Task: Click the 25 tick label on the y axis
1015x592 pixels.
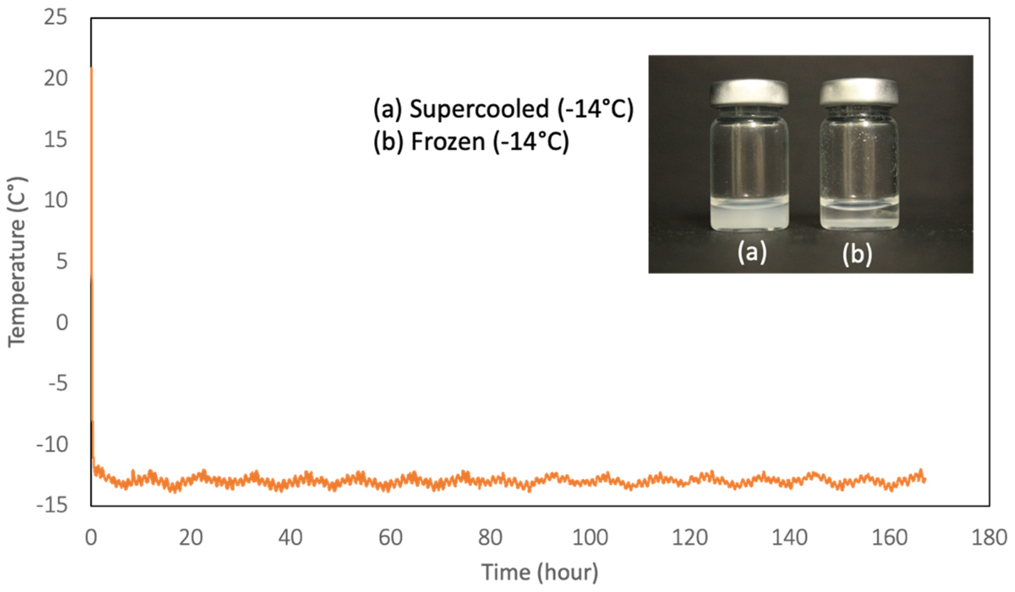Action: [x=55, y=18]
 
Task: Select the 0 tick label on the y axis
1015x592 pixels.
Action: [x=62, y=322]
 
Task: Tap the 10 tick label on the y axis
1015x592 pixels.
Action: [x=55, y=200]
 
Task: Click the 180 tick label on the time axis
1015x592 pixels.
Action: [x=989, y=538]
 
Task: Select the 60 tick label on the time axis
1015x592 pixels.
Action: [x=390, y=538]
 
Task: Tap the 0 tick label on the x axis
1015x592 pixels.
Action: [x=91, y=538]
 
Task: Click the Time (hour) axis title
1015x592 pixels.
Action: [x=540, y=572]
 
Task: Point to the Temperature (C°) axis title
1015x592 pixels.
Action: [x=17, y=262]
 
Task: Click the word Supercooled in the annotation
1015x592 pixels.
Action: [x=479, y=109]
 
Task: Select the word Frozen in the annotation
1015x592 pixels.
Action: [x=448, y=142]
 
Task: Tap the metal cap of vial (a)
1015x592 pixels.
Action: [x=749, y=92]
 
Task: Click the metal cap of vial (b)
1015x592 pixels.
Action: [x=859, y=92]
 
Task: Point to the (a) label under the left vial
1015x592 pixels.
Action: [x=752, y=253]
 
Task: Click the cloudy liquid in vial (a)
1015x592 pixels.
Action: [x=748, y=219]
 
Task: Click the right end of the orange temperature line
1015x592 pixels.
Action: [x=925, y=479]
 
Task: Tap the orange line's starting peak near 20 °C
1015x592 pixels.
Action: [x=91, y=69]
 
